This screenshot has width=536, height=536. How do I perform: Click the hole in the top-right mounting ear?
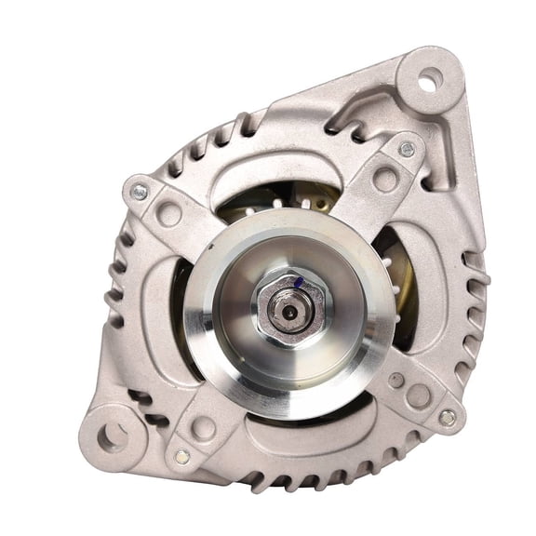426,82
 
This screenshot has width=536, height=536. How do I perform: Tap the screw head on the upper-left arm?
140,192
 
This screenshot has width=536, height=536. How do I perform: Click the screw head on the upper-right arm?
407,149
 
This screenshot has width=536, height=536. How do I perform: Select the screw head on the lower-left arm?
182,456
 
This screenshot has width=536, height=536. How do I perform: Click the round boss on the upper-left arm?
168,213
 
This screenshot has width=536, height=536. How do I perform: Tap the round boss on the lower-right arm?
418,395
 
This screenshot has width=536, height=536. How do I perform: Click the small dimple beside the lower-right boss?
396,380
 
